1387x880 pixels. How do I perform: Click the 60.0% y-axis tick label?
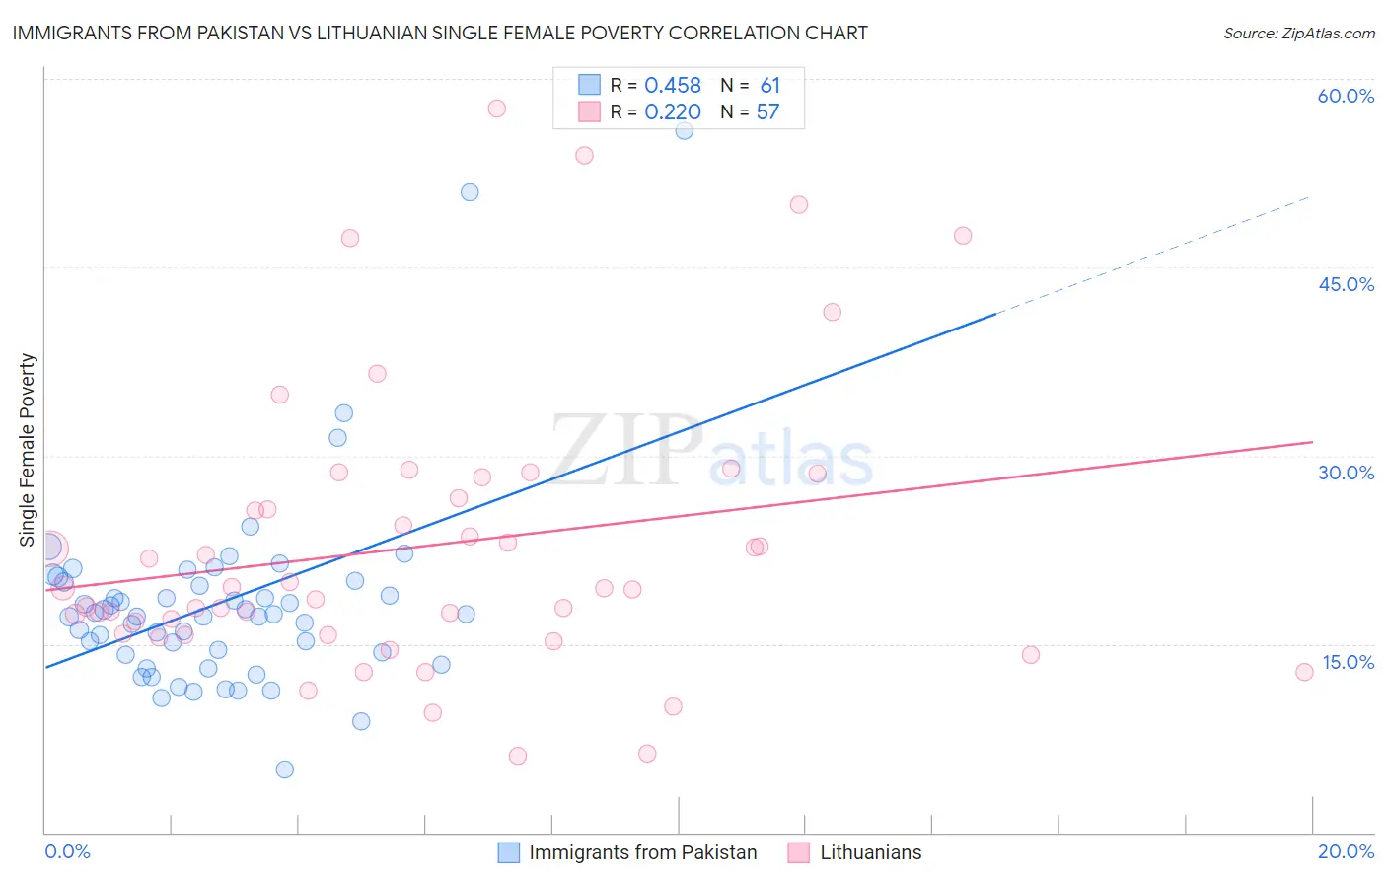[1346, 96]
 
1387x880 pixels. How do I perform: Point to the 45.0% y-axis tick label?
[1346, 284]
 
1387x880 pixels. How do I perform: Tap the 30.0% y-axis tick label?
[1346, 473]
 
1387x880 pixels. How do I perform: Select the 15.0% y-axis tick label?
[1348, 662]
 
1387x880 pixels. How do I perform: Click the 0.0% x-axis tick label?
[67, 851]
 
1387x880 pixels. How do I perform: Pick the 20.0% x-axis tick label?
[1346, 851]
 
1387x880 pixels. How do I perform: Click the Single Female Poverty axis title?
[28, 450]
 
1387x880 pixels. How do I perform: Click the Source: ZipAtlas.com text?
[1298, 33]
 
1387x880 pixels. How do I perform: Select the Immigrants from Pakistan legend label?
[642, 852]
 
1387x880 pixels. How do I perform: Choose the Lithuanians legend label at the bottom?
[870, 852]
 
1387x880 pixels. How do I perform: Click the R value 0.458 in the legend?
[673, 86]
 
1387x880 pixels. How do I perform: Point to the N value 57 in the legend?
[767, 112]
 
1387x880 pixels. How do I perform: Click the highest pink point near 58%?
[497, 109]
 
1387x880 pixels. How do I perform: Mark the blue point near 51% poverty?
[470, 192]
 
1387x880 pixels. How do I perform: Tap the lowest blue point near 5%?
[285, 770]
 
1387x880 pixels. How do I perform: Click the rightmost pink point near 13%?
[1304, 672]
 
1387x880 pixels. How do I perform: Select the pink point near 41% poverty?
[832, 312]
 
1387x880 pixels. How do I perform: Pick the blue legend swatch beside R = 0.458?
[589, 85]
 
